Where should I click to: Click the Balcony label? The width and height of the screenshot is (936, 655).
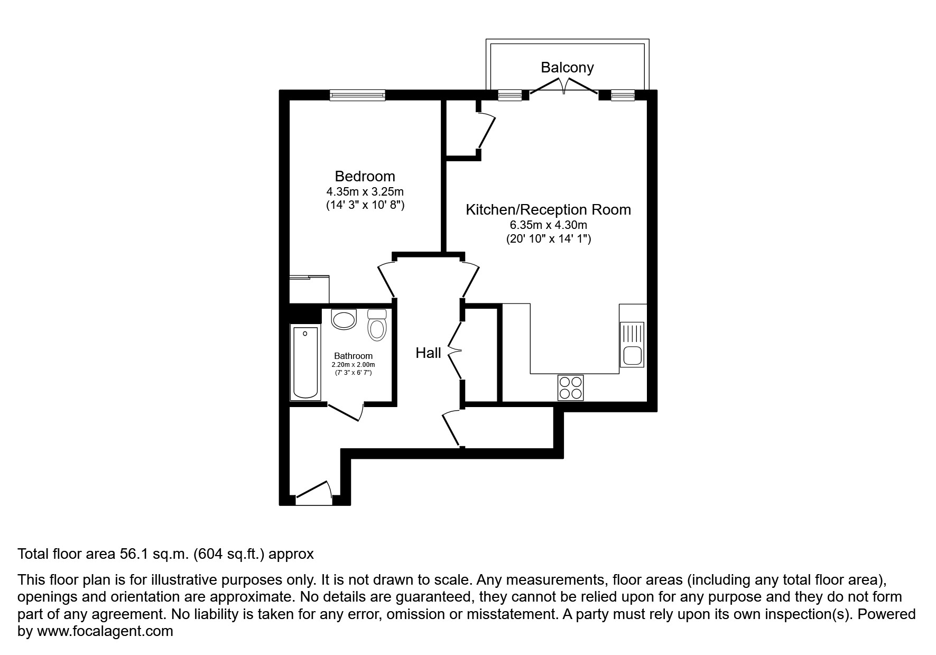click(567, 67)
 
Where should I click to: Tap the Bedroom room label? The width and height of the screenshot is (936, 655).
click(365, 176)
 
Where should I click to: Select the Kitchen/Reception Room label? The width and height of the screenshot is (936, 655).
click(548, 209)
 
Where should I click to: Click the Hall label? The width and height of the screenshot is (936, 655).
click(428, 353)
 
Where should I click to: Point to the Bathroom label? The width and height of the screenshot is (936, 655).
click(353, 356)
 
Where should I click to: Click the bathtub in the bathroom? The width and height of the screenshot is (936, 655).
click(305, 363)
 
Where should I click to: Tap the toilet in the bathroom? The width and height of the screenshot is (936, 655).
click(377, 325)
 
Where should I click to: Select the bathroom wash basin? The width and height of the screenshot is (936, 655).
click(344, 320)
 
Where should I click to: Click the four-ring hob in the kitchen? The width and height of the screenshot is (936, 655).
click(570, 388)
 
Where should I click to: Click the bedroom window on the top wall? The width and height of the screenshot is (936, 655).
click(357, 95)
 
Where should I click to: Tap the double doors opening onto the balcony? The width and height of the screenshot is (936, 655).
click(564, 87)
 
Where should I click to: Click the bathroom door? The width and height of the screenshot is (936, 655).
click(345, 412)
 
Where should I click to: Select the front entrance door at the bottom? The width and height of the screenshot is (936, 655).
click(313, 490)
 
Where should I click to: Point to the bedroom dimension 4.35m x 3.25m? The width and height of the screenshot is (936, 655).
click(365, 191)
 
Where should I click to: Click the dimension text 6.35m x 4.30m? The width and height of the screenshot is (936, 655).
click(548, 225)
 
